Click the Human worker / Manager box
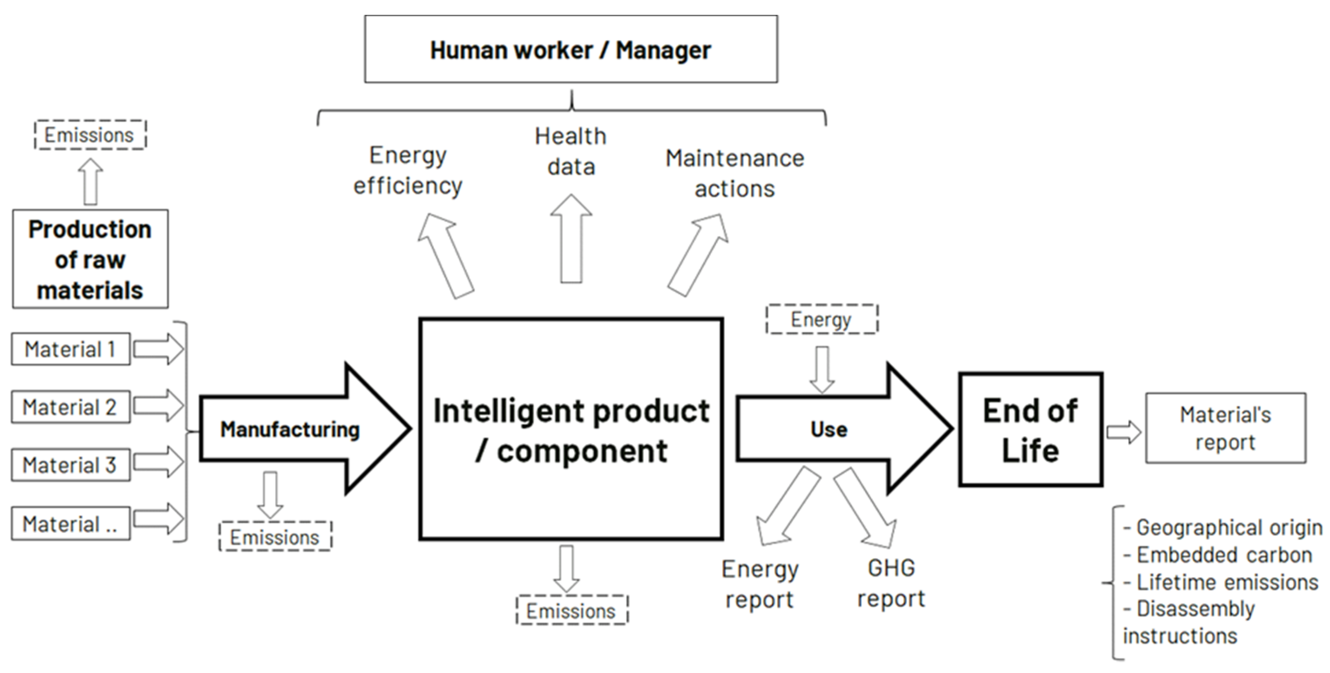click(571, 50)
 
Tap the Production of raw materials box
click(90, 259)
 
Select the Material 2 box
click(71, 407)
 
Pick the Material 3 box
click(71, 465)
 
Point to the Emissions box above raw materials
click(90, 135)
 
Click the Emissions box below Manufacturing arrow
click(275, 537)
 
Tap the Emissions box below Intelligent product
click(572, 611)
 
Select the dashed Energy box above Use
click(822, 320)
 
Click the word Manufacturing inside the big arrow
click(290, 429)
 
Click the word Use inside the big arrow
click(829, 429)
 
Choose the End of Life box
click(1031, 429)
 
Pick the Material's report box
click(1225, 428)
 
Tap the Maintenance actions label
click(734, 173)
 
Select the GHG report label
click(891, 583)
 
